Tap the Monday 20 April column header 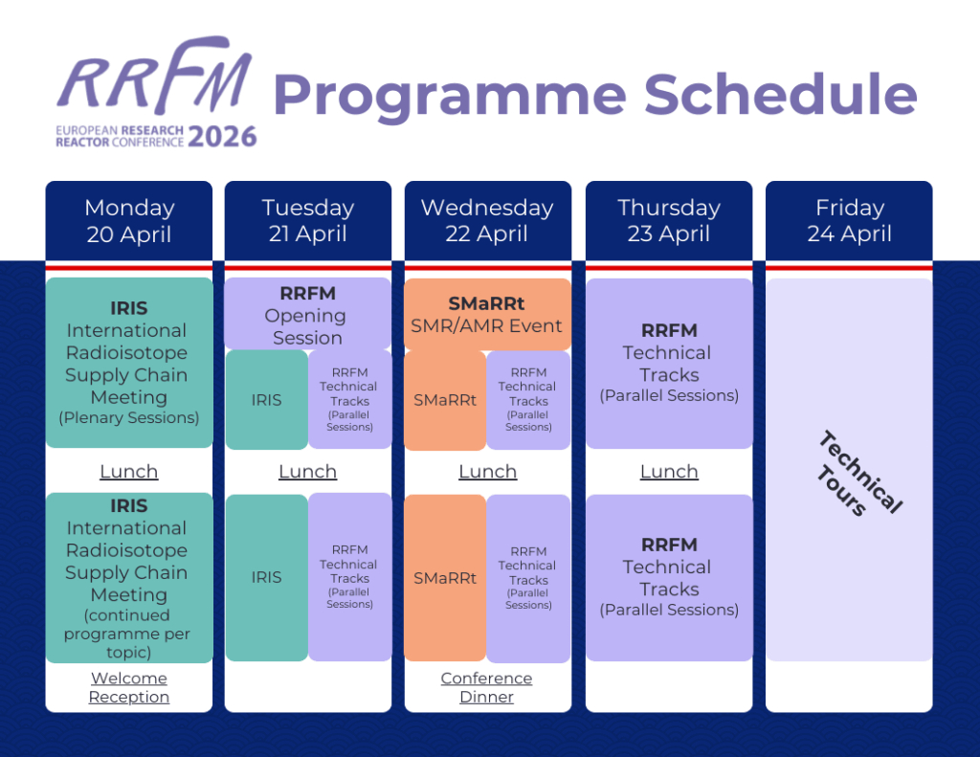[129, 220]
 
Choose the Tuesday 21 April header [308, 220]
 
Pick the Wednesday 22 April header [487, 220]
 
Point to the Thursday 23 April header [668, 220]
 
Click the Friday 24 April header [849, 220]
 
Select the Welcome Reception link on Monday [129, 687]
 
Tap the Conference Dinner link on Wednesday [486, 687]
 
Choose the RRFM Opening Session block [307, 315]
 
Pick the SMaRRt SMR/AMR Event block [487, 315]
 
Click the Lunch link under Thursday [668, 472]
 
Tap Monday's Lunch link [129, 472]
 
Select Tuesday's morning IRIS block [266, 400]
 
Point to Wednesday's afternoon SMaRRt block [445, 578]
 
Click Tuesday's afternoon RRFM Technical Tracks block [349, 577]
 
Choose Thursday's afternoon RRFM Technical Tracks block [669, 577]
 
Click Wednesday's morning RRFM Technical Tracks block [528, 400]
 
